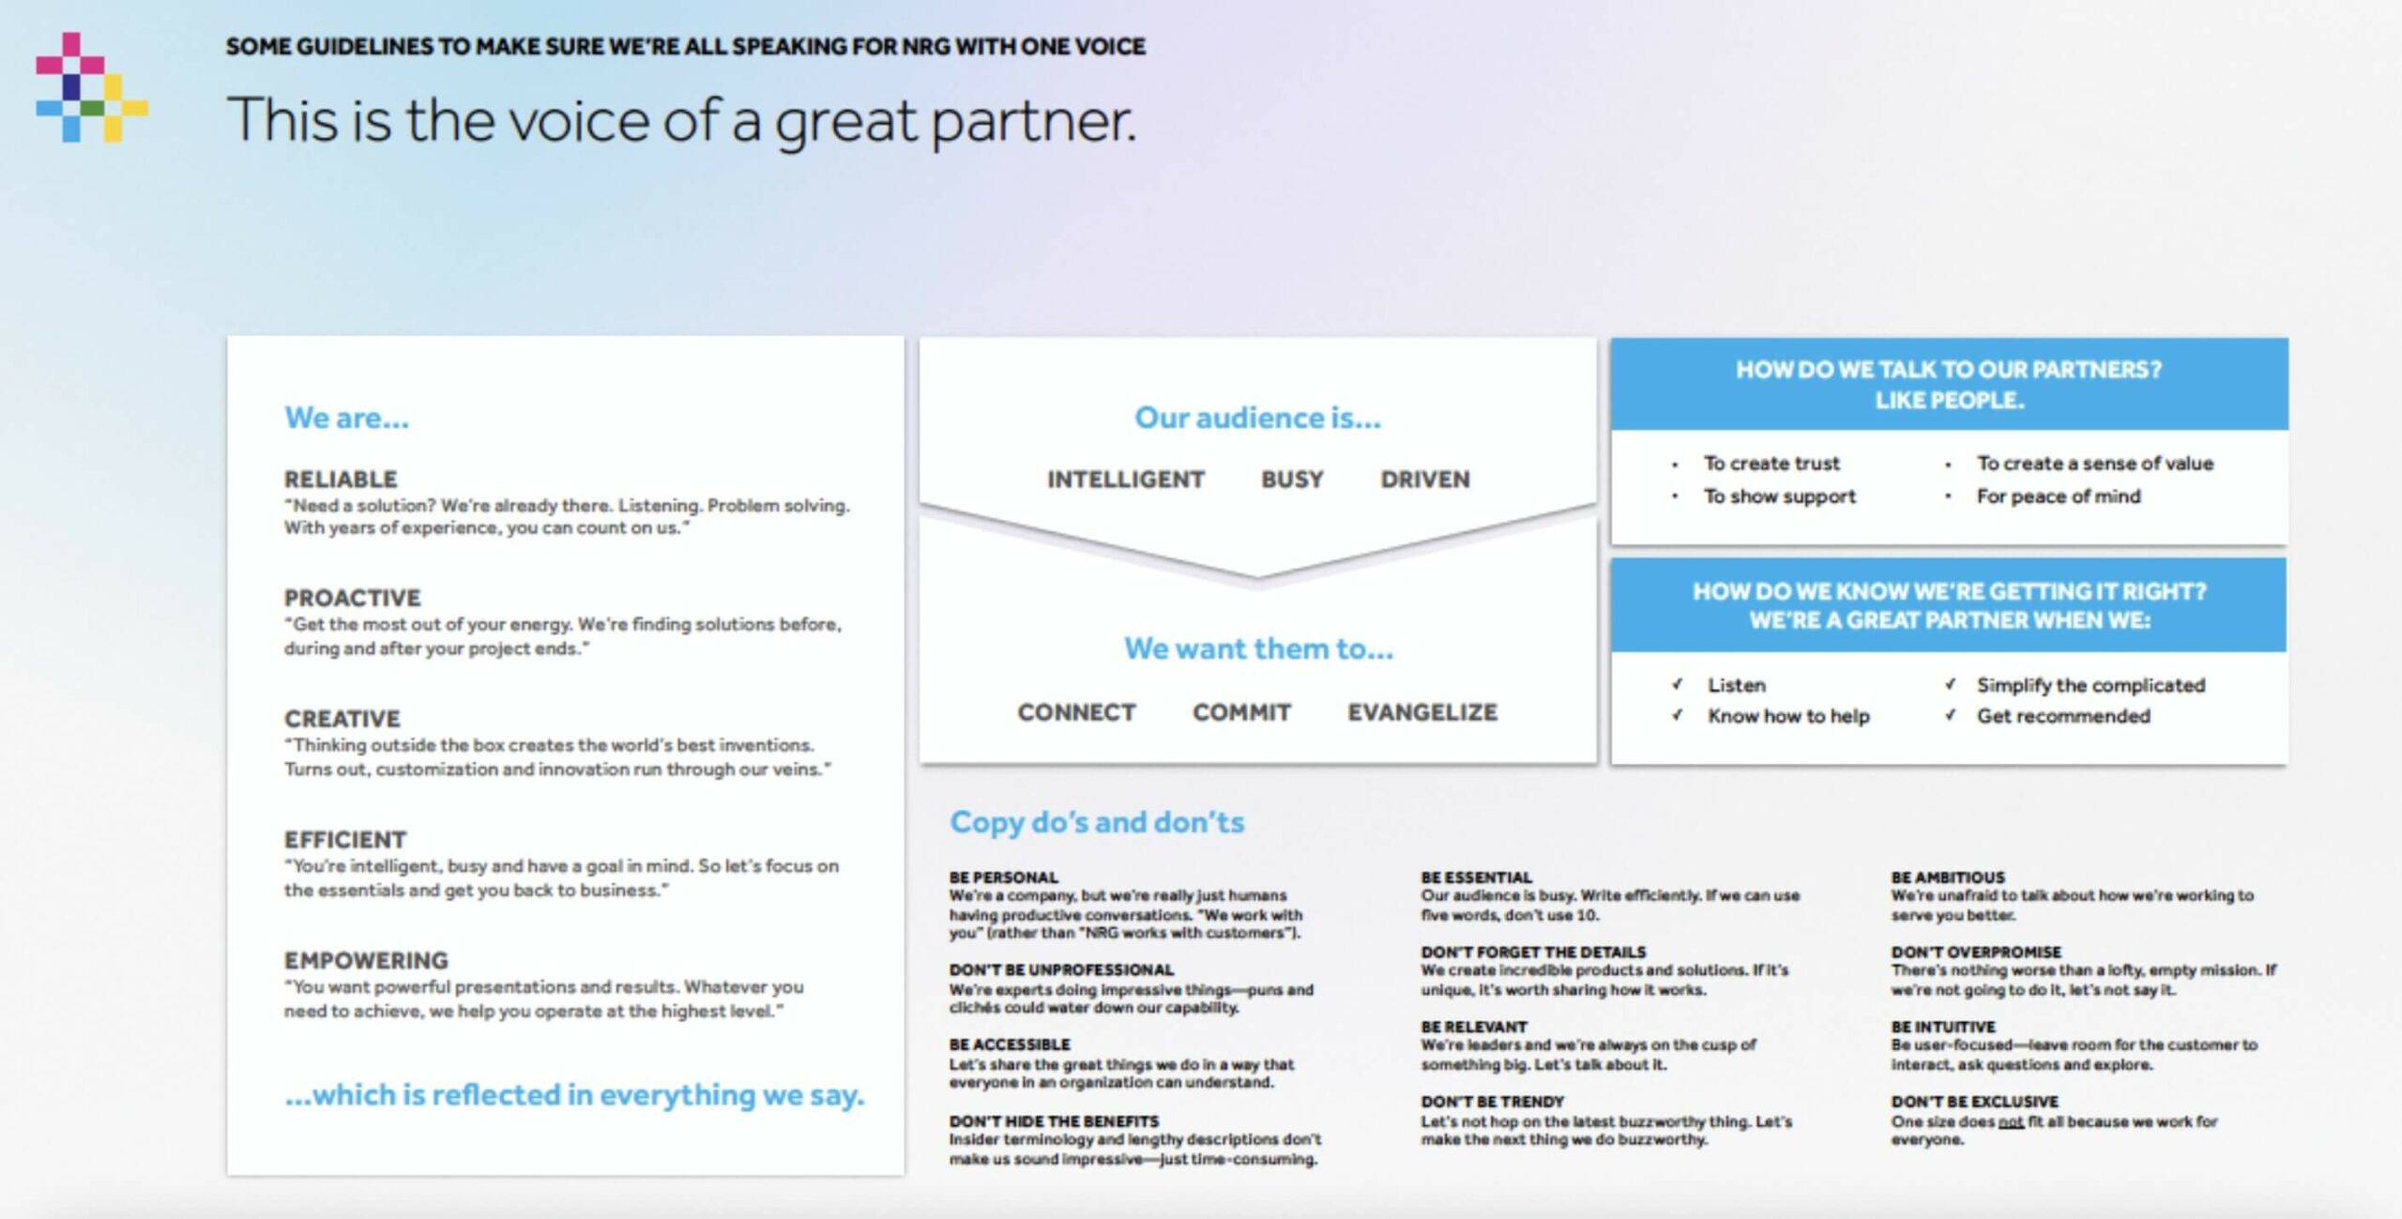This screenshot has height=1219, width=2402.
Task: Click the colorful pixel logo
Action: click(92, 87)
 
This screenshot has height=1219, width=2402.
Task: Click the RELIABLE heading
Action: click(341, 480)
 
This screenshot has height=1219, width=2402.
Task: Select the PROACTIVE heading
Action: click(353, 598)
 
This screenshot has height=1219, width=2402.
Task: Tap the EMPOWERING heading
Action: click(366, 960)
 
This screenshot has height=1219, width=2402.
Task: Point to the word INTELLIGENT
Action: click(1125, 480)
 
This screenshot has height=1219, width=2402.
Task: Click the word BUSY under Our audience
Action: click(1292, 480)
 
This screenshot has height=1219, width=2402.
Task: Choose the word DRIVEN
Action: click(1424, 480)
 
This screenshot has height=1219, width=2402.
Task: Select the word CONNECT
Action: click(1076, 712)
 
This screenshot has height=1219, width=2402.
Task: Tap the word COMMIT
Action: click(1241, 712)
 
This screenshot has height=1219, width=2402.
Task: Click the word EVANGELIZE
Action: click(1422, 712)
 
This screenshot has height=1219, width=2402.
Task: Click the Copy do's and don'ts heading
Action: click(1097, 822)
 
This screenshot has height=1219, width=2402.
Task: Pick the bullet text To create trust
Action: click(1771, 464)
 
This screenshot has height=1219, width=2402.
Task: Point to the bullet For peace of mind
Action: click(2059, 496)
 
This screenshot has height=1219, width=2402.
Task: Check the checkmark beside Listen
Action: click(1677, 684)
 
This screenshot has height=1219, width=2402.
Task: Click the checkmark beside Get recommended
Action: click(1950, 715)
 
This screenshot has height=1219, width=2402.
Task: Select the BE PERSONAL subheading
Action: click(1003, 877)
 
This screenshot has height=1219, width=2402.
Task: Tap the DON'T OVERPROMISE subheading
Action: click(1976, 952)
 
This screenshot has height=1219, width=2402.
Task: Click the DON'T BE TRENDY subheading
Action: click(1492, 1102)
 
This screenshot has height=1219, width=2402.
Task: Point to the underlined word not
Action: click(2011, 1121)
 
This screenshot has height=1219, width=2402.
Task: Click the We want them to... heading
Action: click(1258, 648)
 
